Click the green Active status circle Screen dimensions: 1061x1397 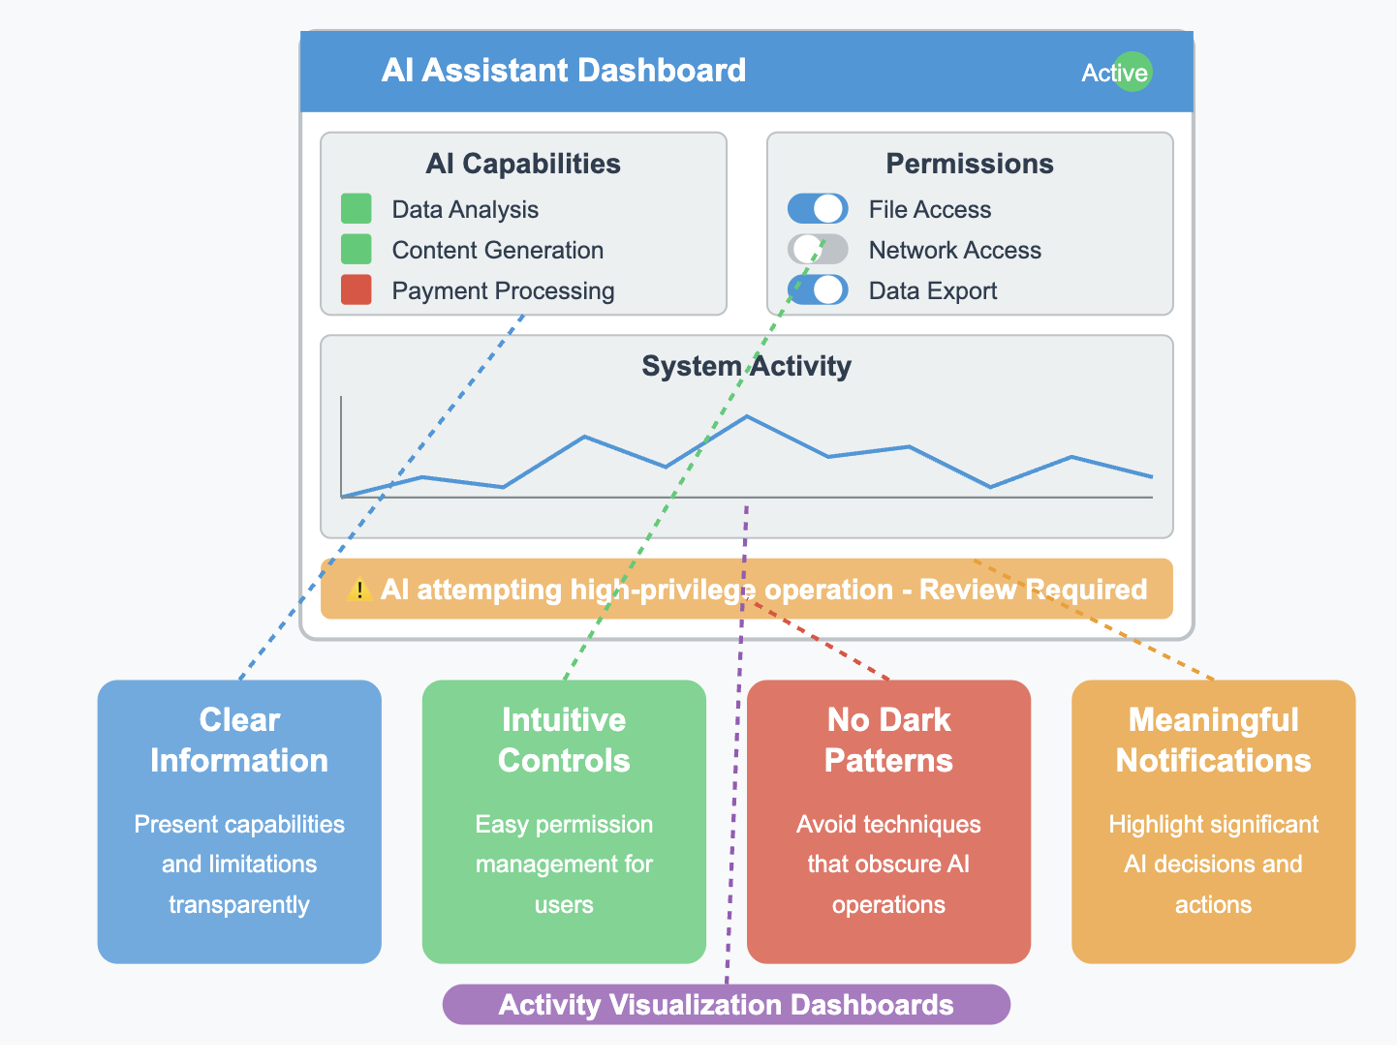click(1132, 72)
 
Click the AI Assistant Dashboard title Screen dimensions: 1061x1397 click(563, 71)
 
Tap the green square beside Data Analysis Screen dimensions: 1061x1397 click(357, 209)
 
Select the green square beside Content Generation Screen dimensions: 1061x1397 click(357, 250)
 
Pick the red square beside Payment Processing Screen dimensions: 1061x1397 click(357, 290)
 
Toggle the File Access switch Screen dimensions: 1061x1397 click(818, 209)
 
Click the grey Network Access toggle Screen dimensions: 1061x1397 click(818, 250)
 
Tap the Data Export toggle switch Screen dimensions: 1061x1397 click(818, 290)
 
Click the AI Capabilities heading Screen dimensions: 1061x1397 click(523, 164)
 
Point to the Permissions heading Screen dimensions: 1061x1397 click(970, 164)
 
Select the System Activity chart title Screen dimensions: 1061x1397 click(746, 366)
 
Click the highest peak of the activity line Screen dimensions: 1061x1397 click(747, 416)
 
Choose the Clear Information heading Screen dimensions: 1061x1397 click(239, 741)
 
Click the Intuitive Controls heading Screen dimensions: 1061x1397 click(564, 741)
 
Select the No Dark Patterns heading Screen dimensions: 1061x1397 click(888, 741)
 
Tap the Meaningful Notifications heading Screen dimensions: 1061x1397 click(1213, 741)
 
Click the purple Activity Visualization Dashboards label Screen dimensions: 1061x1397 click(727, 1005)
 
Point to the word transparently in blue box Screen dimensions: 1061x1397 click(239, 905)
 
